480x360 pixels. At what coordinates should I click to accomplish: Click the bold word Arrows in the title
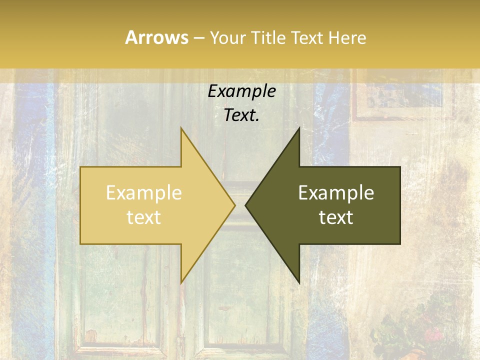pyautogui.click(x=156, y=37)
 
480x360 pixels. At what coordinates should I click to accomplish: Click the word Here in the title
pyautogui.click(x=347, y=38)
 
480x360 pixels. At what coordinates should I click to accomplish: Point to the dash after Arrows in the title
pyautogui.click(x=198, y=38)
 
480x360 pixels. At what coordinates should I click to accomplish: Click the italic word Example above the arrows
pyautogui.click(x=242, y=91)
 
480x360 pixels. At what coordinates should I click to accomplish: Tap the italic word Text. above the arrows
pyautogui.click(x=242, y=115)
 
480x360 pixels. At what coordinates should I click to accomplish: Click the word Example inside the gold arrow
pyautogui.click(x=144, y=193)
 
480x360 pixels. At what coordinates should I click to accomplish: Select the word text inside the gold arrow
pyautogui.click(x=144, y=217)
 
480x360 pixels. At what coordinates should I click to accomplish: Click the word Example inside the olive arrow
pyautogui.click(x=336, y=193)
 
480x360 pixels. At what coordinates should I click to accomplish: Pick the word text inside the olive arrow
pyautogui.click(x=336, y=217)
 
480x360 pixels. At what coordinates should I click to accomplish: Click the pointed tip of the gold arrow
pyautogui.click(x=234, y=205)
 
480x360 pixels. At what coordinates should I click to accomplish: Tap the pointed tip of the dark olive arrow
pyautogui.click(x=246, y=205)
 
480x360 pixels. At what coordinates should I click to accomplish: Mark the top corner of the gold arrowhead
pyautogui.click(x=181, y=129)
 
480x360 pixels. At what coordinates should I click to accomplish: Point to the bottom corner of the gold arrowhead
pyautogui.click(x=181, y=282)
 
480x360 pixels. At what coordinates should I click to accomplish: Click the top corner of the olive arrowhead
pyautogui.click(x=299, y=129)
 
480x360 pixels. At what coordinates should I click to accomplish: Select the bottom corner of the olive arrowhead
pyautogui.click(x=299, y=282)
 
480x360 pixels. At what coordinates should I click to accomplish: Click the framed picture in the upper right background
pyautogui.click(x=402, y=97)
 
